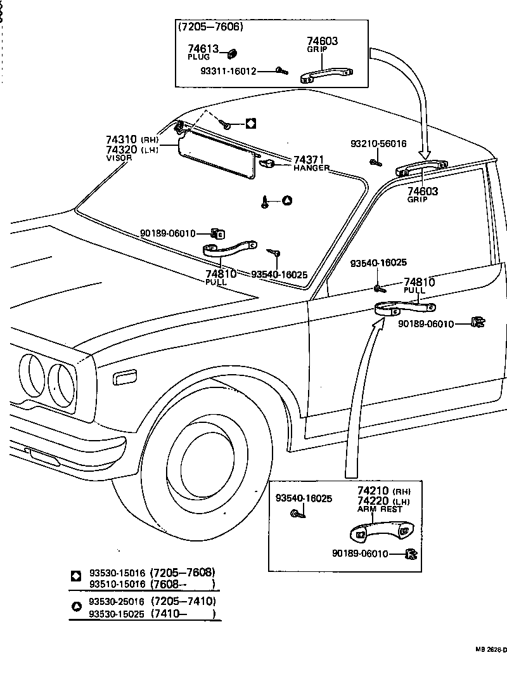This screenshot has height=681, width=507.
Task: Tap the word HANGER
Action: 311,168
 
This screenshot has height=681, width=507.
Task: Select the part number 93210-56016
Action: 378,144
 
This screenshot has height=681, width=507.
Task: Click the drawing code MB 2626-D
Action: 491,650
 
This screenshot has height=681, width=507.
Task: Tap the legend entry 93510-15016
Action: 117,583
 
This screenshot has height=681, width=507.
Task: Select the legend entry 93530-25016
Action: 117,601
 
